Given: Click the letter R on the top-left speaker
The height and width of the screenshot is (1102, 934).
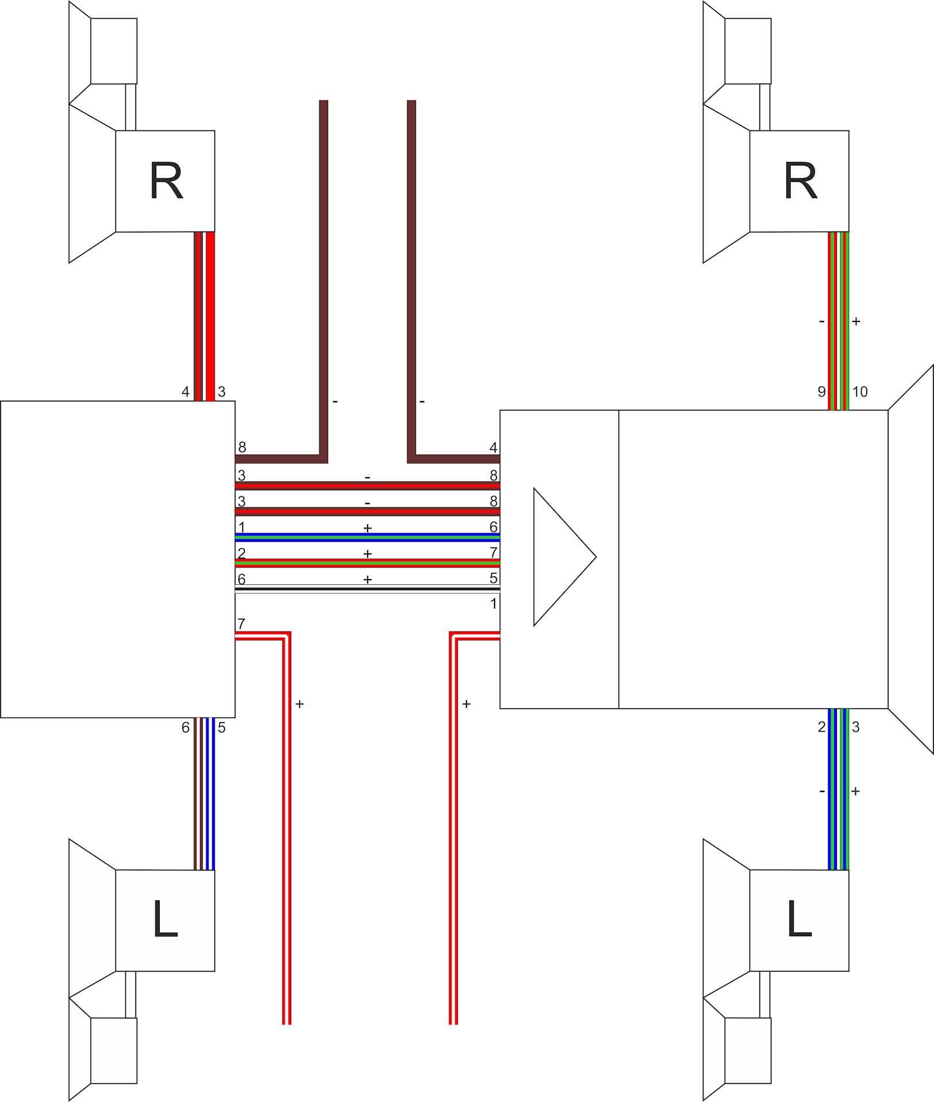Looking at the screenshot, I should pos(166,181).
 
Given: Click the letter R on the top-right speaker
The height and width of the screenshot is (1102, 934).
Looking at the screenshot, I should pos(800,181).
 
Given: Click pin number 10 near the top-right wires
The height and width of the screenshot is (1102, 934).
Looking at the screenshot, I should pos(859,392).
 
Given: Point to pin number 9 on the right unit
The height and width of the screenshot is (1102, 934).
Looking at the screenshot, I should pos(821,392).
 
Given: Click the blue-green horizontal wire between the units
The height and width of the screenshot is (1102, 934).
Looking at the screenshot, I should pos(368,537).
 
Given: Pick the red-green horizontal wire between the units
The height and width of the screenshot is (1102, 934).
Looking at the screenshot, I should pos(368,563).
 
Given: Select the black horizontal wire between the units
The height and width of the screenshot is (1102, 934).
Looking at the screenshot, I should pos(368,589).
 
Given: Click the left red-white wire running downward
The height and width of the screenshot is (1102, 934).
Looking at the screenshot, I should pos(287,832).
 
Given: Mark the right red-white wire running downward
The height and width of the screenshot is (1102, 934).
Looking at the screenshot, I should pos(453,832).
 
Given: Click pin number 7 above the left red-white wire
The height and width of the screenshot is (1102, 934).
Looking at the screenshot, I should pos(241,624).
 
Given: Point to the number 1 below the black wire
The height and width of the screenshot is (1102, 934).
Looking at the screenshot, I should pos(493,604).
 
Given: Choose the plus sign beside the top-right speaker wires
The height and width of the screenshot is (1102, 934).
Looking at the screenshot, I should pos(856,321).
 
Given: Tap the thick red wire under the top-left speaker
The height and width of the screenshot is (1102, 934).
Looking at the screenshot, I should pos(210,316).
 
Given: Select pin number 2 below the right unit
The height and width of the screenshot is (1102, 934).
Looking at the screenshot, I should pos(821,727).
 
